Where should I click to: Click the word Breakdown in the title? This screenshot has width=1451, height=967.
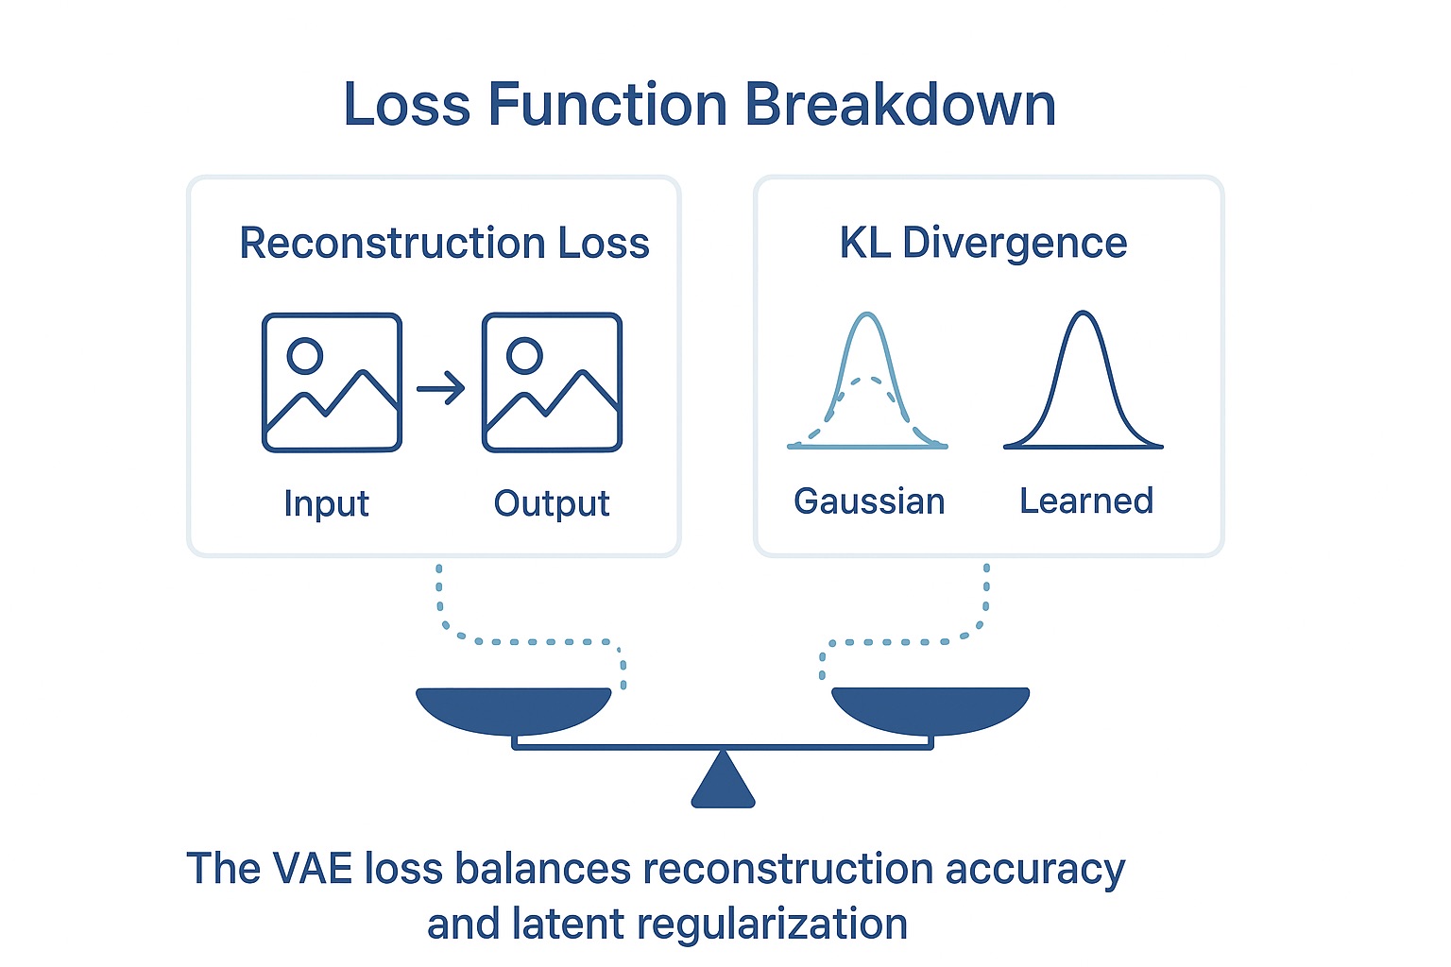coord(900,104)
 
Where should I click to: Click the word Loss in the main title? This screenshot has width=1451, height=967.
coord(406,104)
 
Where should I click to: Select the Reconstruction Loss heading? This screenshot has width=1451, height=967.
coord(444,243)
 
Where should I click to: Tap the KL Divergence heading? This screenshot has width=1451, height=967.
coord(983,243)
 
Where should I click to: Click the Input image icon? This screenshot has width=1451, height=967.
coord(332,382)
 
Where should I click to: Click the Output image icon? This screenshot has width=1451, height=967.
coord(552,382)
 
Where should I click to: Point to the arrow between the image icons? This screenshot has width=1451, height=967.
coord(441,387)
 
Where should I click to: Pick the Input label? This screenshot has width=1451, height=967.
coord(326,503)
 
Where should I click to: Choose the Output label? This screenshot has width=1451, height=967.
coord(552,503)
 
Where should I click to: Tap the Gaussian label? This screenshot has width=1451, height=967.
coord(869,500)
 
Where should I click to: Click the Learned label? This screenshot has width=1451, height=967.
coord(1086,500)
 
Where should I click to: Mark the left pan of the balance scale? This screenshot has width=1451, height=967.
coord(514,708)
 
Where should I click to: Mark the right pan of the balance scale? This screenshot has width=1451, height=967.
coord(930,708)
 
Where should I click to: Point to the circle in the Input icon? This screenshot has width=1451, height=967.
coord(305,356)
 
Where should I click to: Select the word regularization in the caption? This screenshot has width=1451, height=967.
coord(773,924)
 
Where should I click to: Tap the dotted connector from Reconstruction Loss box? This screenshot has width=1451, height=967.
coord(529,641)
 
